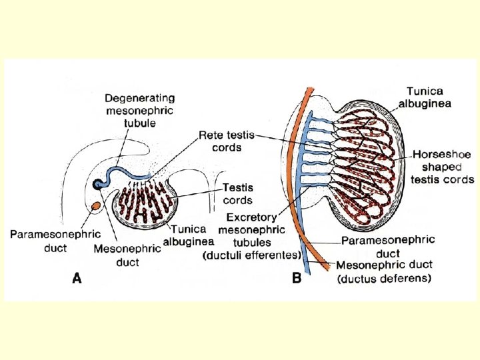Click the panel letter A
point(77,279)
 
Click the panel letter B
point(297,279)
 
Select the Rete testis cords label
point(227,141)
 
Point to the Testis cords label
point(237,194)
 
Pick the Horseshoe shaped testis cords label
point(443,167)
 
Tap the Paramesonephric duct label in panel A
point(55,240)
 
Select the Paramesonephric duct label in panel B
point(388,246)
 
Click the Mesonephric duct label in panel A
point(127,255)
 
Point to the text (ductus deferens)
point(384,278)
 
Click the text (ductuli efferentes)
point(251,254)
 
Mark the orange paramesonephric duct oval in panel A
point(96,206)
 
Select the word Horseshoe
point(442,155)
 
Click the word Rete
point(211,135)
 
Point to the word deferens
point(407,278)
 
